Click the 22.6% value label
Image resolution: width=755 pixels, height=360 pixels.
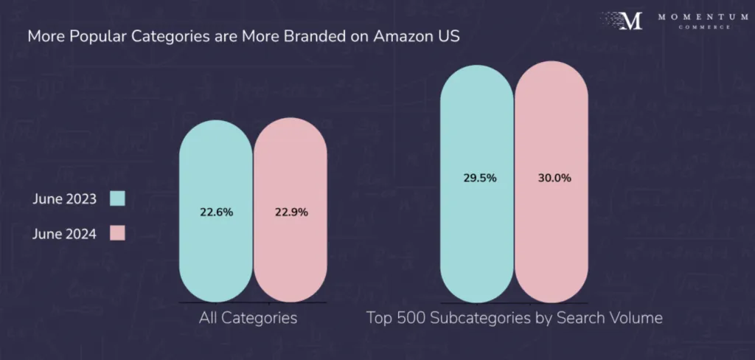(x=216, y=212)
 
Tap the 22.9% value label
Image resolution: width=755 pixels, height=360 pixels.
(x=290, y=212)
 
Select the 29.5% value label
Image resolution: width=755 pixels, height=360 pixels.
(x=477, y=178)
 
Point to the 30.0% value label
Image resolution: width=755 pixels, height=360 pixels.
(x=552, y=178)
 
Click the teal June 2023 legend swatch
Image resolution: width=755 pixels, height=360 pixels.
(x=117, y=198)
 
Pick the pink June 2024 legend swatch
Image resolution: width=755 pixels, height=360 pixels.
(x=117, y=233)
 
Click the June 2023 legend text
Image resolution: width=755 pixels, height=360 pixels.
(x=65, y=198)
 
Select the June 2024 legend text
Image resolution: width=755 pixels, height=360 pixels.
(x=65, y=233)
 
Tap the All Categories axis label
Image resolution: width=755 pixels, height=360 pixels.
(x=248, y=319)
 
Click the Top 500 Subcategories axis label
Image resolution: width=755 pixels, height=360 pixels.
(x=514, y=319)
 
